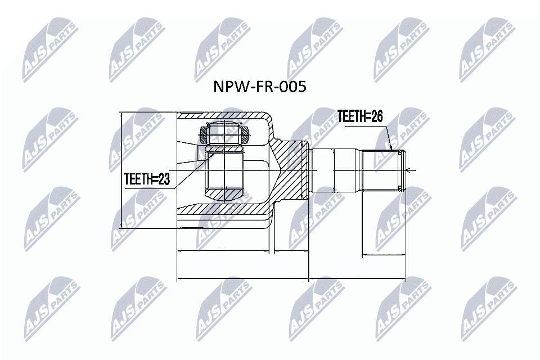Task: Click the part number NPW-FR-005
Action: pos(259,87)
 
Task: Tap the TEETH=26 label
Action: pos(360,116)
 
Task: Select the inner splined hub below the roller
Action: pos(224,170)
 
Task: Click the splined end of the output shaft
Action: pos(382,170)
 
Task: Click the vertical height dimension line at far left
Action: pos(121,170)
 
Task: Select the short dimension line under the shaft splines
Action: pos(382,255)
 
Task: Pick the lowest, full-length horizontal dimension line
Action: pos(291,278)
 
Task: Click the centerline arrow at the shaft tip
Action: pos(409,170)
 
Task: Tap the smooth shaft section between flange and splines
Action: pos(335,170)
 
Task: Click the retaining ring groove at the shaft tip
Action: pos(401,170)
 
